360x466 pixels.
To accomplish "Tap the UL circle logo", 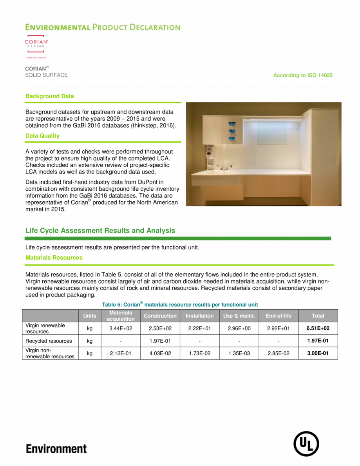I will point(306,444).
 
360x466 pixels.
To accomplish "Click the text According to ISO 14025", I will point(303,75).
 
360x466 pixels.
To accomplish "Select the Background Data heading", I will point(49,96).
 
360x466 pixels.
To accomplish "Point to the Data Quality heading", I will point(42,136).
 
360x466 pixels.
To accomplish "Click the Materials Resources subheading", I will point(54,258).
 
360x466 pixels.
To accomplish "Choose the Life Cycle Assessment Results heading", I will point(100,231).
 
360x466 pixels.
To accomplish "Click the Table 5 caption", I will point(180,304).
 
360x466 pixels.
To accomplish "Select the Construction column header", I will point(160,316).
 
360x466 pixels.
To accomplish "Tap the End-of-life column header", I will point(278,316).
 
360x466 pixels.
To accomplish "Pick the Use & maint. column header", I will point(239,316).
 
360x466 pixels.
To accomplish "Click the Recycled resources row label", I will point(49,341).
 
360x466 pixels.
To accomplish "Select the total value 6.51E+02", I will point(317,329).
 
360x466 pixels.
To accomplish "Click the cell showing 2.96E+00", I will point(239,329).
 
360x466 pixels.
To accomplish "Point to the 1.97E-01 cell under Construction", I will point(160,341).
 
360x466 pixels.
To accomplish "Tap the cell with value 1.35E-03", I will point(239,354).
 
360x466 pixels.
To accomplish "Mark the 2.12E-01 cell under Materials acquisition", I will point(121,354).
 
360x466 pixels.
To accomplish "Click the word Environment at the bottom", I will point(56,448).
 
